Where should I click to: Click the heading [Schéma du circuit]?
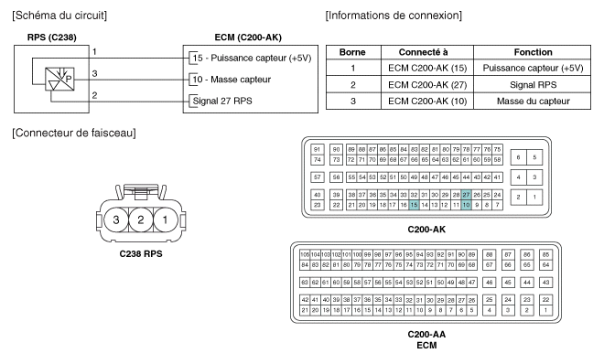(x=59, y=16)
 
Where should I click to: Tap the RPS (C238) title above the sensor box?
(x=51, y=37)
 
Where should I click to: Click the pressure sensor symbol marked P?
(x=59, y=80)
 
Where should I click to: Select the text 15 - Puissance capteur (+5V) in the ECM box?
(x=252, y=59)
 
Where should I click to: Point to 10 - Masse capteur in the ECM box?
(x=232, y=80)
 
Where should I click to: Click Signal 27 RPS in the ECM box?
(x=222, y=102)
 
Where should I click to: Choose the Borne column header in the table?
(x=352, y=52)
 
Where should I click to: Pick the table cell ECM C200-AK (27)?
(x=427, y=85)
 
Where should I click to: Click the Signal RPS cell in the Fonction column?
(x=533, y=85)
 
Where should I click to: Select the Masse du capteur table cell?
(x=533, y=102)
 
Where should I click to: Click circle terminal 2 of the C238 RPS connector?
(x=141, y=219)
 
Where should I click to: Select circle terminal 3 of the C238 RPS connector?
(x=115, y=219)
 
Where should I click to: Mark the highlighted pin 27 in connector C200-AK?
(x=466, y=195)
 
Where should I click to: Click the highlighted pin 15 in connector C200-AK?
(x=414, y=205)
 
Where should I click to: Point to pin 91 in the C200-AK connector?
(x=317, y=149)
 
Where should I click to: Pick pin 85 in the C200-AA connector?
(x=545, y=255)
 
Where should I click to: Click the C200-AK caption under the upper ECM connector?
(x=426, y=230)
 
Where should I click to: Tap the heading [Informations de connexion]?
(x=394, y=16)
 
